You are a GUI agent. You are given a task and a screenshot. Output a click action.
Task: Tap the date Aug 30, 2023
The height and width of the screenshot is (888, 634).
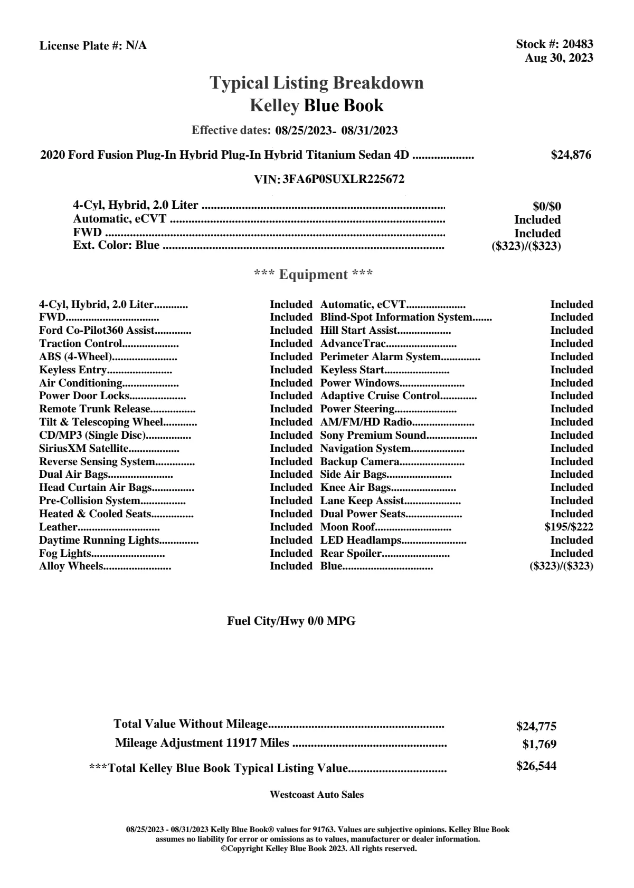coord(559,58)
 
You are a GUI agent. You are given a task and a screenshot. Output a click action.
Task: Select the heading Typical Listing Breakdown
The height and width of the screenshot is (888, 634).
coord(317,83)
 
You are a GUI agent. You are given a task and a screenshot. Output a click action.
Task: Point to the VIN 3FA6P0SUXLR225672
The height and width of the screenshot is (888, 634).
coord(344,179)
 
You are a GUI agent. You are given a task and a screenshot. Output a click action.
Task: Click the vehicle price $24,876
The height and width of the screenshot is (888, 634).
coord(571,155)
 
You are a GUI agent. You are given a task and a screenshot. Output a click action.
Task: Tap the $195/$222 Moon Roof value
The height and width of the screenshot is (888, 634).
coord(569,527)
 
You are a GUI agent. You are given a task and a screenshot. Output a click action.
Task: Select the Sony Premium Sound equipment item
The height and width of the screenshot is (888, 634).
coord(373,436)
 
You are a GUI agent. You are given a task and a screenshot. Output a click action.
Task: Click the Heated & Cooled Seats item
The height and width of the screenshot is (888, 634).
coord(95,514)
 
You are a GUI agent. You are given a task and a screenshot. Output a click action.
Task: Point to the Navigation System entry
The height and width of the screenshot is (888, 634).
coord(365,449)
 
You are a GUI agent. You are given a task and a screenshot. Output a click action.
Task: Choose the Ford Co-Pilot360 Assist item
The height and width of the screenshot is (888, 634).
coord(97,331)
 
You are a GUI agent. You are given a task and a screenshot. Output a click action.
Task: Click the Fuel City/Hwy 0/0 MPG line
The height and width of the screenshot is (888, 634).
coord(291,621)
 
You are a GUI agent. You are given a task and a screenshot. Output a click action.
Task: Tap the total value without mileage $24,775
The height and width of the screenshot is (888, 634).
coord(536,727)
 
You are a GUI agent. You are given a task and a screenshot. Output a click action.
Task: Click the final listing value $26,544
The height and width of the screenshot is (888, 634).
coord(536,766)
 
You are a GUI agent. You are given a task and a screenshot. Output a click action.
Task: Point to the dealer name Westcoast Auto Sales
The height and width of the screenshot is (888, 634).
coord(317,795)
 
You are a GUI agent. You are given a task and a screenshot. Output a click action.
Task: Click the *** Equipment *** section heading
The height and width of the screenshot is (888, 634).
coord(314,275)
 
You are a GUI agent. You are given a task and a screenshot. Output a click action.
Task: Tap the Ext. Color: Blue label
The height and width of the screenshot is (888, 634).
coord(116,245)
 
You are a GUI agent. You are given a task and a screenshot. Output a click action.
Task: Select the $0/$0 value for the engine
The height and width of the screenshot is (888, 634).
coord(547,207)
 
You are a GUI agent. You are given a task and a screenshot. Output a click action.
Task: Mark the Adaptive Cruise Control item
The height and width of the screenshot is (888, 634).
coord(380,396)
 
